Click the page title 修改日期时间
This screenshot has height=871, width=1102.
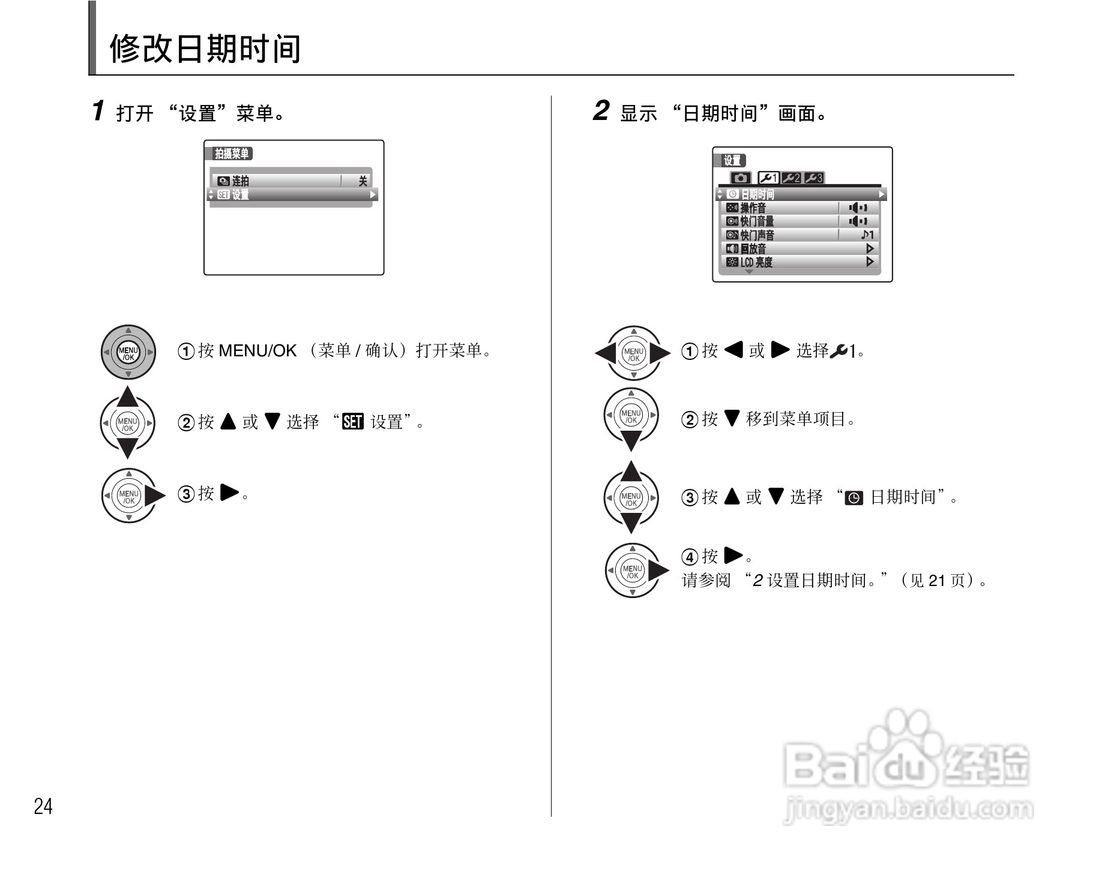[205, 49]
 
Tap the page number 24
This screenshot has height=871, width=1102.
[43, 807]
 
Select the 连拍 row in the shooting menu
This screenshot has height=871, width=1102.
[292, 181]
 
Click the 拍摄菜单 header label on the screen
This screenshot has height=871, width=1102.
[232, 154]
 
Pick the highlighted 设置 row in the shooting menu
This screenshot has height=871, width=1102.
[292, 194]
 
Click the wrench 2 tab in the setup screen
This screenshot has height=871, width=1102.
[791, 178]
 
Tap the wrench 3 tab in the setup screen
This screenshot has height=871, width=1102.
[813, 178]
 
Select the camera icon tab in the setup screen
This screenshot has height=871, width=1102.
[741, 178]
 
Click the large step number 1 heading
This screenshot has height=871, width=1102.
[98, 111]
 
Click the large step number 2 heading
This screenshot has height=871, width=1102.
[600, 111]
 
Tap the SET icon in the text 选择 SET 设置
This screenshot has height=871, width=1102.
[352, 422]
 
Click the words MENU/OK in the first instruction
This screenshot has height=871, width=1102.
[257, 351]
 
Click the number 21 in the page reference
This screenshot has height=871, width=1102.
[937, 581]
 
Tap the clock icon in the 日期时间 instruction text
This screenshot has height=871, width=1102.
[854, 498]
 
